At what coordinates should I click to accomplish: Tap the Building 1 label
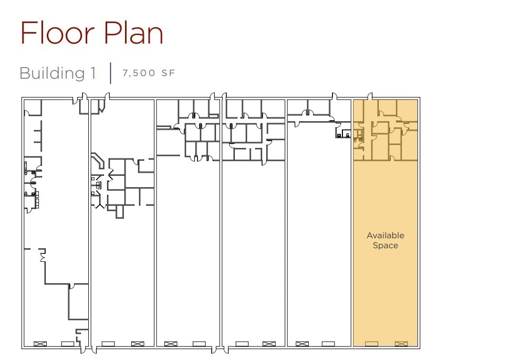click(x=58, y=73)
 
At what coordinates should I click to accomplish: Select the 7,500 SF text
click(x=149, y=73)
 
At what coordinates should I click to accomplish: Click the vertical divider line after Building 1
click(x=111, y=73)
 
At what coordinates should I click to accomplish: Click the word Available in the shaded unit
click(x=385, y=236)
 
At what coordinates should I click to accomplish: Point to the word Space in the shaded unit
click(x=385, y=246)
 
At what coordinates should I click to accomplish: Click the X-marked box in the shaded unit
click(x=401, y=344)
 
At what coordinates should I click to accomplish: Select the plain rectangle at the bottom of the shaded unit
click(x=371, y=344)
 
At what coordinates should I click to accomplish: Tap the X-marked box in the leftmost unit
click(x=40, y=344)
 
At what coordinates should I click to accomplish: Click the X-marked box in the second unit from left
click(x=138, y=344)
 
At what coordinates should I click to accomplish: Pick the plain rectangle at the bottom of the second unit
click(x=108, y=344)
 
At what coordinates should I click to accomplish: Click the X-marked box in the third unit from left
click(x=171, y=344)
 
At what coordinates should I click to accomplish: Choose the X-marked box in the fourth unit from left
click(x=268, y=344)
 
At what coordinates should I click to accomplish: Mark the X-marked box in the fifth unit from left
click(x=302, y=344)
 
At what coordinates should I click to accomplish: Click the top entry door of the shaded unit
click(x=370, y=97)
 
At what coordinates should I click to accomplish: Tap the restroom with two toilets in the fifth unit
click(x=343, y=134)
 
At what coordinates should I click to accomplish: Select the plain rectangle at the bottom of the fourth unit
click(x=242, y=344)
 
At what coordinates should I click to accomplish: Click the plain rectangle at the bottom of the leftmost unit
click(x=68, y=344)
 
